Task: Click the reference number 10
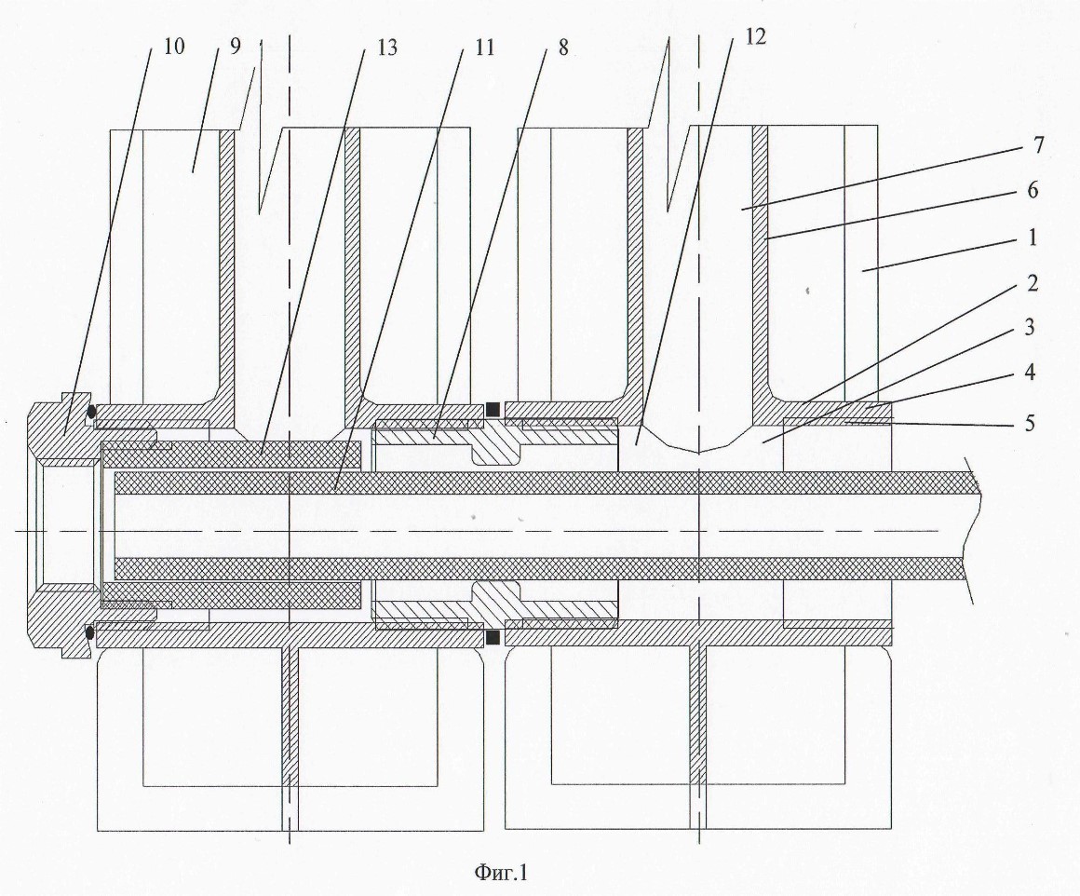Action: pyautogui.click(x=174, y=47)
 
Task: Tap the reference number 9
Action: pyautogui.click(x=236, y=47)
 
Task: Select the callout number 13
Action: pyautogui.click(x=387, y=47)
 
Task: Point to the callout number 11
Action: pyautogui.click(x=484, y=47)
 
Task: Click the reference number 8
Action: pyautogui.click(x=563, y=47)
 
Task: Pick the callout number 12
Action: pyautogui.click(x=755, y=36)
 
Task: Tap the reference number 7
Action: pyautogui.click(x=1039, y=145)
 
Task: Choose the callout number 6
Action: pyautogui.click(x=1033, y=190)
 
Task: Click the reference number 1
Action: pyautogui.click(x=1033, y=238)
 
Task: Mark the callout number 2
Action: pyautogui.click(x=1031, y=283)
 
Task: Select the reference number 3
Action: pyautogui.click(x=1029, y=328)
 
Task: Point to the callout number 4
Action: pyautogui.click(x=1030, y=373)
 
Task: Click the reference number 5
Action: pyautogui.click(x=1030, y=422)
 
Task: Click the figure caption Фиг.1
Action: pyautogui.click(x=501, y=873)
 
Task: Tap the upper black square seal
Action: pyautogui.click(x=493, y=409)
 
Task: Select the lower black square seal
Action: pyautogui.click(x=493, y=638)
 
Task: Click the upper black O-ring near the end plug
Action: pyautogui.click(x=90, y=413)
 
